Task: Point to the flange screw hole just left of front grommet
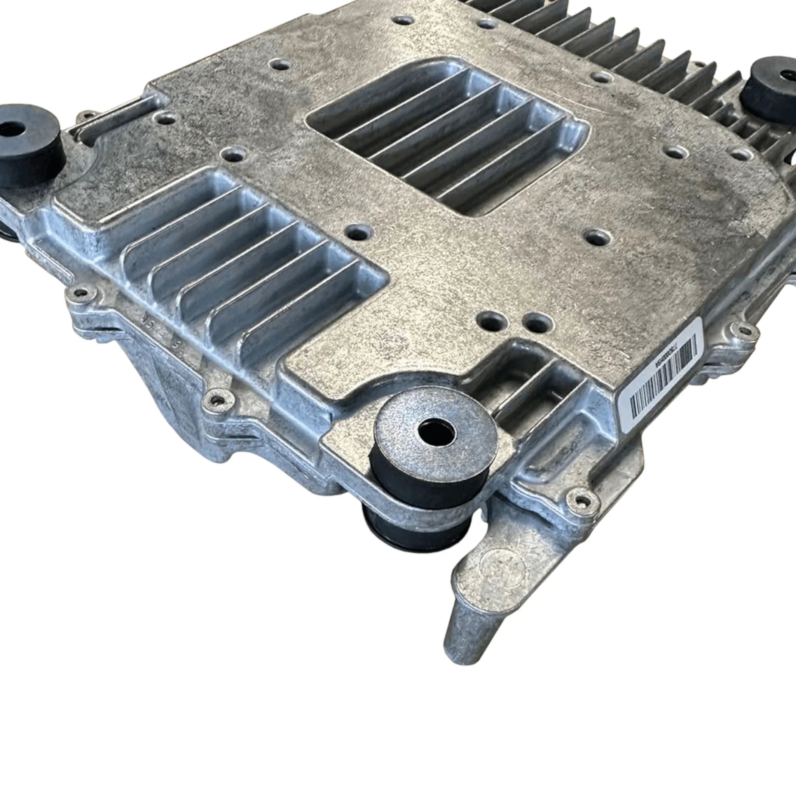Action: click(216, 399)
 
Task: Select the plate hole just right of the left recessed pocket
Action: click(358, 233)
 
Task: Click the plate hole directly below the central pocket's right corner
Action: click(597, 237)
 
